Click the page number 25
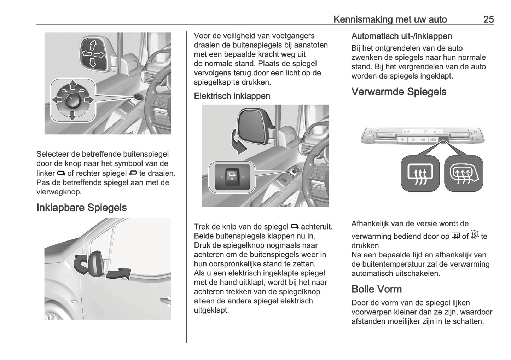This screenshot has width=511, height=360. point(488,19)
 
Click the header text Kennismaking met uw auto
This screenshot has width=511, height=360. point(390,19)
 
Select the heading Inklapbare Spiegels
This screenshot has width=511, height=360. point(82,208)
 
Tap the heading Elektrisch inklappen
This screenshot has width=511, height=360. point(232,96)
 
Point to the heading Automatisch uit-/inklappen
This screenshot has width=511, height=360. point(402,36)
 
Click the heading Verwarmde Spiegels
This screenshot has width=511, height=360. point(399,92)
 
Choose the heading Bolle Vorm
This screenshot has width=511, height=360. point(377,289)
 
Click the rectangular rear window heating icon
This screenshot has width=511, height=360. point(420,174)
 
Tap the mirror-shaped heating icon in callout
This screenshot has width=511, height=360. point(463,174)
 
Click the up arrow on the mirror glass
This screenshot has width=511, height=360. point(93,45)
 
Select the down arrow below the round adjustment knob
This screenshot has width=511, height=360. point(72,115)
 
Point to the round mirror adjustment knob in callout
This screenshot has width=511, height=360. point(72,100)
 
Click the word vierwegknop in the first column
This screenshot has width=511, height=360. point(59,192)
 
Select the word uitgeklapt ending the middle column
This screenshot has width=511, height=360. point(211,310)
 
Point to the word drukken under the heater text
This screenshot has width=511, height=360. point(365,245)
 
